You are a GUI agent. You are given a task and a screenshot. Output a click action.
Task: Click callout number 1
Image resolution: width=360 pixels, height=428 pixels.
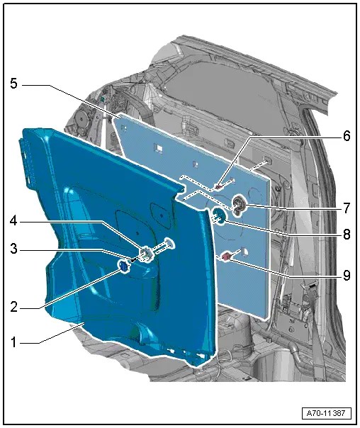[x=13, y=342]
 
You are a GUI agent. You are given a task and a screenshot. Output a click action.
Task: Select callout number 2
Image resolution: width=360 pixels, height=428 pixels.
[x=13, y=309]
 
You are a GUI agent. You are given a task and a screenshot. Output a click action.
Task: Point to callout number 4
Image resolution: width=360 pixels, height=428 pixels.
[x=13, y=221]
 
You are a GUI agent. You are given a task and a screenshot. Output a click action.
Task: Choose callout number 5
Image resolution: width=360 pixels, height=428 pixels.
[x=13, y=84]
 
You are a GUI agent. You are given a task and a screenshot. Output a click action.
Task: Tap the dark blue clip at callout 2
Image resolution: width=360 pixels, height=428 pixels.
[x=123, y=266]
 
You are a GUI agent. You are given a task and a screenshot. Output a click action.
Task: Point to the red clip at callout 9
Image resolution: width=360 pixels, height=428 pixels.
[x=227, y=257]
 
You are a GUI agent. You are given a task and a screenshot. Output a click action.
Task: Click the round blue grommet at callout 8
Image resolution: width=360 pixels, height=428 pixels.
[x=220, y=215]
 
